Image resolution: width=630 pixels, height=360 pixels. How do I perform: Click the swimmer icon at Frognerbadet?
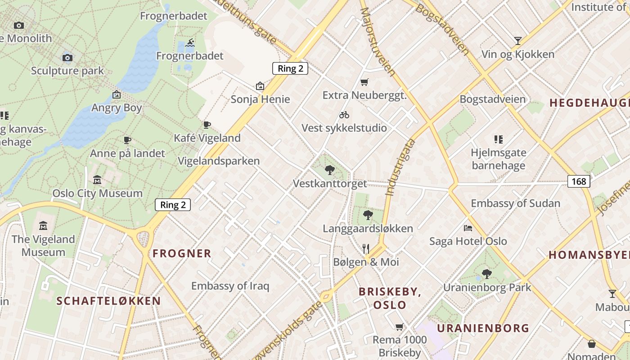click(x=190, y=43)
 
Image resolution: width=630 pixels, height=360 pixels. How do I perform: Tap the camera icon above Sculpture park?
click(x=67, y=58)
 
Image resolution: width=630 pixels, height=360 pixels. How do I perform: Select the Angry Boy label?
click(x=117, y=108)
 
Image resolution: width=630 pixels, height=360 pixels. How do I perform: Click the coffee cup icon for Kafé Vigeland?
click(x=207, y=125)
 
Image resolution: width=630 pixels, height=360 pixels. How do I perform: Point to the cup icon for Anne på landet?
click(x=127, y=140)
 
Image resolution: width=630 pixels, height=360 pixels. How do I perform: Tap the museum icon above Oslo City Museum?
click(x=97, y=180)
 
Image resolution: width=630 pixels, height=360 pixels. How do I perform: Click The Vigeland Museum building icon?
click(x=43, y=225)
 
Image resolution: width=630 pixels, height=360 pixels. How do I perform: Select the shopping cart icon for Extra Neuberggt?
click(x=364, y=82)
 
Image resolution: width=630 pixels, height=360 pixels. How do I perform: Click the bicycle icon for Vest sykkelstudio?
click(x=344, y=115)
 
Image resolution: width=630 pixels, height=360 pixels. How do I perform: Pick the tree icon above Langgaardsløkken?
click(x=368, y=215)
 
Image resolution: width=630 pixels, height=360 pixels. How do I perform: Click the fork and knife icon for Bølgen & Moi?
click(x=366, y=248)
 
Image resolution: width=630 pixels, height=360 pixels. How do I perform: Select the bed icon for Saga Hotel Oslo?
click(x=468, y=228)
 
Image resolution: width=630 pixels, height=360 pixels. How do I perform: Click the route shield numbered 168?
click(x=579, y=181)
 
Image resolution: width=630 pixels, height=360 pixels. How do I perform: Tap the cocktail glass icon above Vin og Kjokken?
click(x=518, y=41)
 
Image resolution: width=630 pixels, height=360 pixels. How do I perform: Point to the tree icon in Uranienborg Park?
click(x=486, y=274)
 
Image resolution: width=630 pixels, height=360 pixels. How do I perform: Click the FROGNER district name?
click(x=182, y=254)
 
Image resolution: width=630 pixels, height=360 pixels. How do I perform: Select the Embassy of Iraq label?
click(x=230, y=286)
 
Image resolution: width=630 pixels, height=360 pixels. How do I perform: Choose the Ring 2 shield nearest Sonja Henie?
click(x=290, y=68)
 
